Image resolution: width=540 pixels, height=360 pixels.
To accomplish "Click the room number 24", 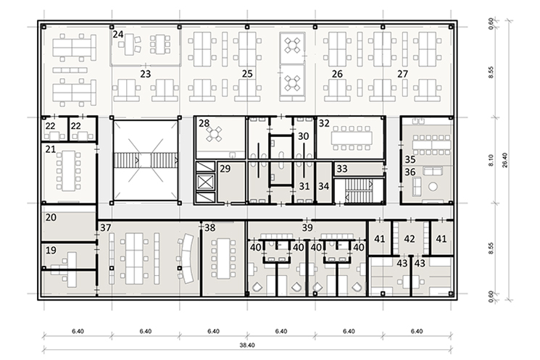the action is click(118, 35).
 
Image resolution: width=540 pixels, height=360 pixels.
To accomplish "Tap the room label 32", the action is click(324, 123).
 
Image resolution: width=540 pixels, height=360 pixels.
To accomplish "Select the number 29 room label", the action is click(225, 169).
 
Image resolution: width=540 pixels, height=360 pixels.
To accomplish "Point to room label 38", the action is click(210, 227).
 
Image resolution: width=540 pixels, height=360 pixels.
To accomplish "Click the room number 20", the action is click(51, 217).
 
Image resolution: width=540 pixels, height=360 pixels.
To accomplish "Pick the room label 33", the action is click(342, 169).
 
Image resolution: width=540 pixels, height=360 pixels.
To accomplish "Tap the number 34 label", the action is click(324, 186).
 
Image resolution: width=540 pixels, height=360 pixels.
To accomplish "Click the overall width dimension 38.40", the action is click(247, 346).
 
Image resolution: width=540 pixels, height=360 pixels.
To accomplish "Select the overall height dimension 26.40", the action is click(504, 160).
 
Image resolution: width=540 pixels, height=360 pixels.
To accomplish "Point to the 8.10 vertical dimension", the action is click(491, 160).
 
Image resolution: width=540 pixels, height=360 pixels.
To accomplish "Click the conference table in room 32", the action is click(352, 138).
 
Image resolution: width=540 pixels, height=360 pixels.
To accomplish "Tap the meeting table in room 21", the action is click(69, 171).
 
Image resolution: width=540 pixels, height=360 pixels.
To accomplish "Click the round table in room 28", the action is click(215, 134).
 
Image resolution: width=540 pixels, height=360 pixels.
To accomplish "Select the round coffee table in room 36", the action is click(433, 187).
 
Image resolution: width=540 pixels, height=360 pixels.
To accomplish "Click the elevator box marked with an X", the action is click(205, 182).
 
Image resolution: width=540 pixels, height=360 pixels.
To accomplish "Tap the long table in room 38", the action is click(224, 259).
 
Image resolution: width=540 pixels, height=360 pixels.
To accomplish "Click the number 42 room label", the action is click(410, 238).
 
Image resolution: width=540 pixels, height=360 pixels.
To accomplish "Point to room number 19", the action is click(51, 250).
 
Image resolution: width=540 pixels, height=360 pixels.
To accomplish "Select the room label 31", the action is click(304, 186).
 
